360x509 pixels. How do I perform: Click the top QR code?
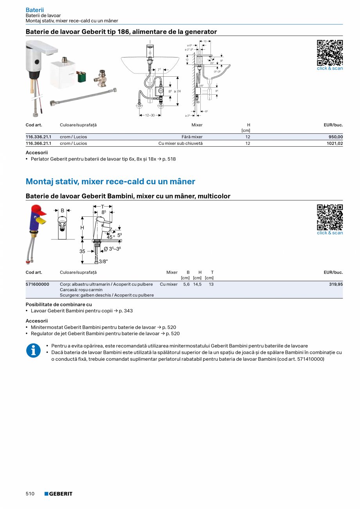click(x=329, y=52)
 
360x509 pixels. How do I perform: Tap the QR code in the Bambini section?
click(x=329, y=217)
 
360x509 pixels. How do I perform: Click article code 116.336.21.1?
click(x=38, y=137)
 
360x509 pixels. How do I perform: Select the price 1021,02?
click(x=335, y=143)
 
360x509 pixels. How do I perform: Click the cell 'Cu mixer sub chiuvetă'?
click(x=180, y=143)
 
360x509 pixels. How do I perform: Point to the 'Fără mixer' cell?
click(x=192, y=137)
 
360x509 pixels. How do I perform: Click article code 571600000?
click(x=38, y=284)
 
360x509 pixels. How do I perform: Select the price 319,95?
click(x=336, y=284)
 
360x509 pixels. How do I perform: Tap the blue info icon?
click(x=33, y=350)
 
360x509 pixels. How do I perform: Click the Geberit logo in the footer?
click(x=58, y=494)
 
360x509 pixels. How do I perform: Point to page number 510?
click(x=30, y=494)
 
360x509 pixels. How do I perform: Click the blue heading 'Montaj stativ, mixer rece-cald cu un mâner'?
click(x=110, y=182)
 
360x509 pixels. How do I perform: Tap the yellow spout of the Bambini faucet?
click(x=41, y=221)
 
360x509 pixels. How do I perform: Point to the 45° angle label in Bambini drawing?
click(x=111, y=237)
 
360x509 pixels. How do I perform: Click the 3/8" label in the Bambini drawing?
click(x=103, y=261)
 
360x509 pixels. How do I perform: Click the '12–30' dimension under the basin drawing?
click(x=150, y=115)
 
